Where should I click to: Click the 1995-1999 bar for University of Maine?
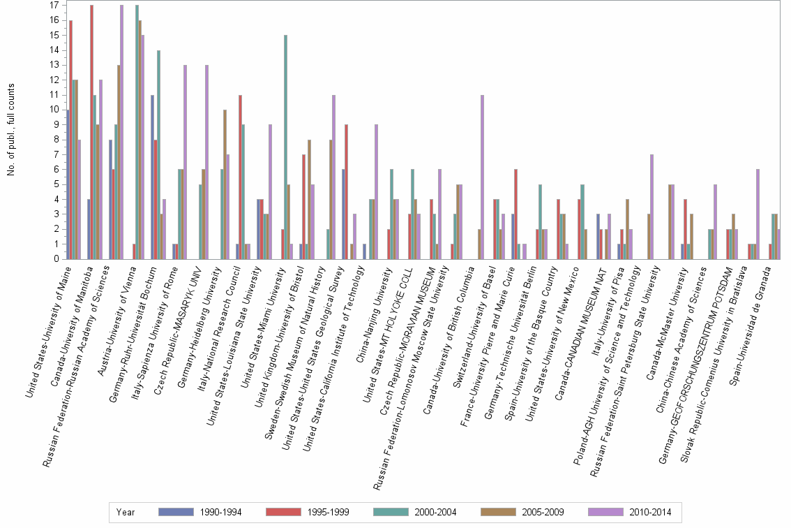click(x=71, y=140)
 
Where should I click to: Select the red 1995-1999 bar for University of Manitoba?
click(x=92, y=132)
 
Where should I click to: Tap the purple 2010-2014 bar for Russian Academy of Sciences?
click(x=122, y=132)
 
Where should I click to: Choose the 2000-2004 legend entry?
click(x=414, y=513)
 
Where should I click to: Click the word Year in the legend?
click(x=126, y=513)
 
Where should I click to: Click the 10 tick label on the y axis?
click(x=54, y=110)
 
